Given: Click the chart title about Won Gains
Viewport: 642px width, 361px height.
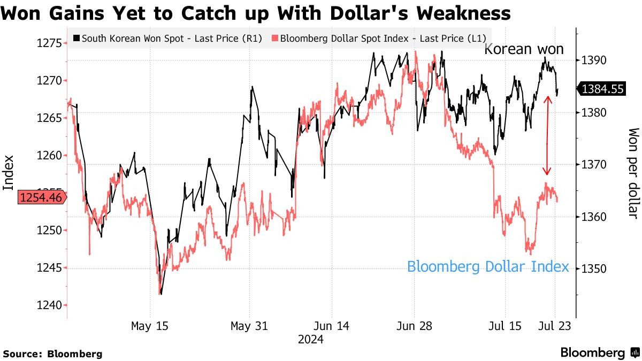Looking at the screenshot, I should point(255,12).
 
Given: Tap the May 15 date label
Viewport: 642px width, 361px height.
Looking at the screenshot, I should point(149,326).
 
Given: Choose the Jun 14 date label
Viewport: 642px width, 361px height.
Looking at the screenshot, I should point(331,326).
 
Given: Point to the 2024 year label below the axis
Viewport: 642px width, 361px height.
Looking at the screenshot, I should point(311,339).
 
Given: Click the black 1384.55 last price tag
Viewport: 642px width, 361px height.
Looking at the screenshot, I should point(602,89).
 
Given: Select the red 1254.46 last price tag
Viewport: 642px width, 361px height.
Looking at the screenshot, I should point(42,198).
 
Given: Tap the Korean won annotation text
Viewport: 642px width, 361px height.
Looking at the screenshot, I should point(524,50).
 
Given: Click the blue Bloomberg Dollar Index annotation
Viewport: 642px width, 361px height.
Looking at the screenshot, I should point(488,266).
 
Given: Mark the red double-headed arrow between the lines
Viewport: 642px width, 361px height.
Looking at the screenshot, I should point(547,136).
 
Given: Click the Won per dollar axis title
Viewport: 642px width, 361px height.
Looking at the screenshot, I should point(633,173).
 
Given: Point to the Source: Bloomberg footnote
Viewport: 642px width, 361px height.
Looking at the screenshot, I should point(52,354).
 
